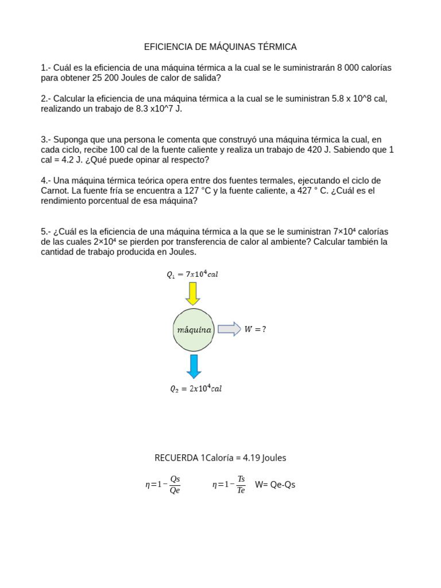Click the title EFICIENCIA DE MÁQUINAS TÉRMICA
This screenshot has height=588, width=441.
pyautogui.click(x=220, y=47)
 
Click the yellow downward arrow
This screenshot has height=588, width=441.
pyautogui.click(x=193, y=293)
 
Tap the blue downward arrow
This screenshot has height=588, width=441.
pyautogui.click(x=194, y=366)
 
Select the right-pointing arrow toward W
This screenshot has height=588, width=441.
pyautogui.click(x=229, y=329)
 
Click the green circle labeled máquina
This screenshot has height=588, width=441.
pyautogui.click(x=194, y=330)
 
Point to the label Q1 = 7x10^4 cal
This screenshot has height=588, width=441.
pyautogui.click(x=192, y=274)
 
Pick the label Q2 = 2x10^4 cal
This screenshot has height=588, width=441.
pyautogui.click(x=195, y=389)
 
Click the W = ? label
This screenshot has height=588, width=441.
pyautogui.click(x=256, y=330)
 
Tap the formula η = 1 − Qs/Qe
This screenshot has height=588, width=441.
pyautogui.click(x=163, y=485)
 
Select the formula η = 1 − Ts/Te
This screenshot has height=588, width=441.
pyautogui.click(x=229, y=485)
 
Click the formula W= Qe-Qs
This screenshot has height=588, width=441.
pyautogui.click(x=275, y=485)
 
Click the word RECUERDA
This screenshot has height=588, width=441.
pyautogui.click(x=176, y=458)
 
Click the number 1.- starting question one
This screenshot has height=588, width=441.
pyautogui.click(x=46, y=68)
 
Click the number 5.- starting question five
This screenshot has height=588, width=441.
pyautogui.click(x=46, y=231)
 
